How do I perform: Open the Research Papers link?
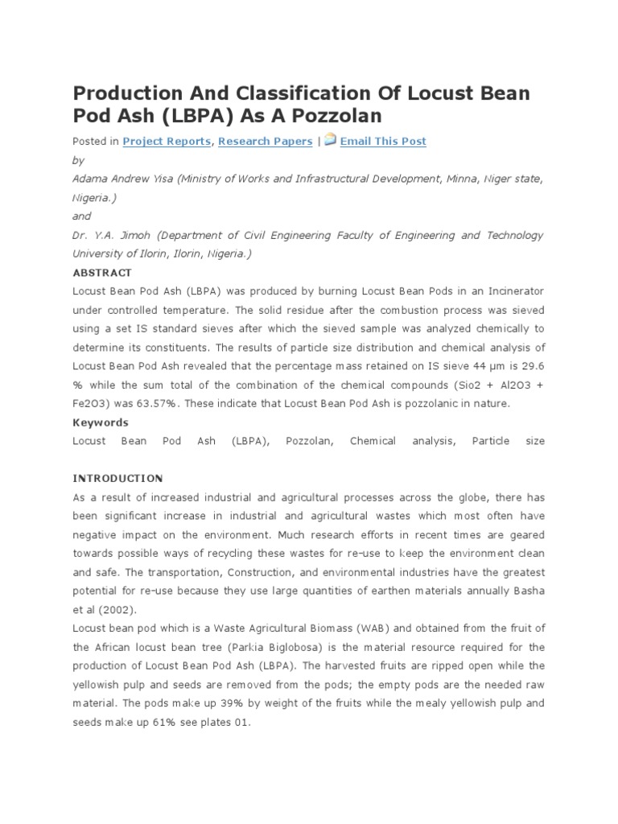[x=265, y=141]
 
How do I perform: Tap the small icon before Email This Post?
[x=330, y=140]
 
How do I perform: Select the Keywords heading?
[x=100, y=422]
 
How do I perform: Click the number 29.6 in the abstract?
[x=531, y=366]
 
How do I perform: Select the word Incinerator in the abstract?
[x=511, y=291]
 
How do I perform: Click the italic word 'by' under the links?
[x=78, y=160]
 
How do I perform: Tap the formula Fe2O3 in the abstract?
[x=91, y=404]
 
